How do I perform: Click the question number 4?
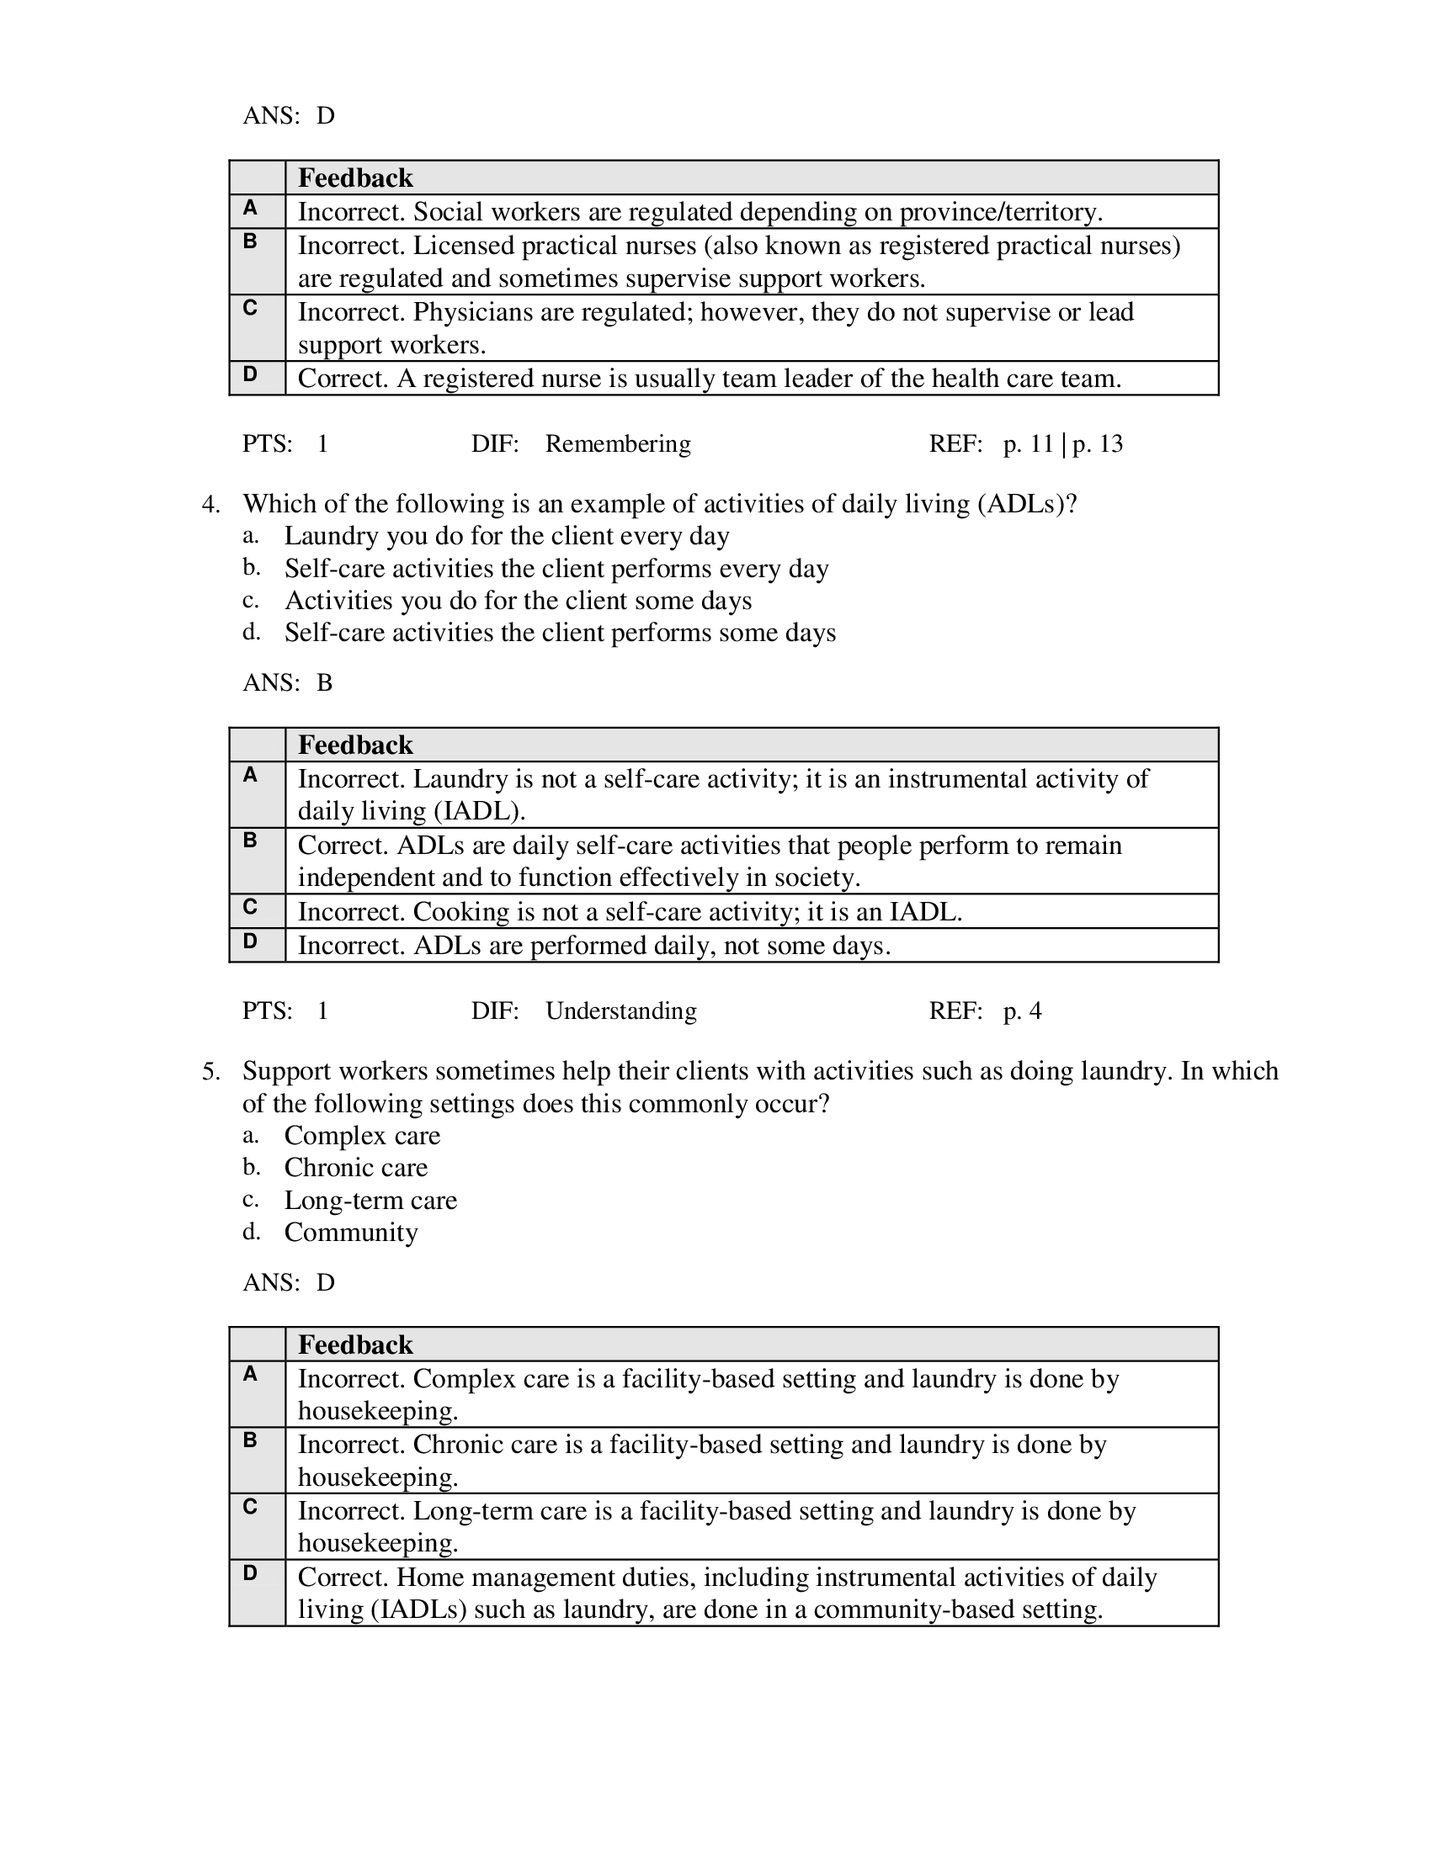(x=210, y=504)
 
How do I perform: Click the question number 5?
(x=210, y=1071)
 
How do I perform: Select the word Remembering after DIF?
(x=617, y=444)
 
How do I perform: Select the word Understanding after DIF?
(x=620, y=1011)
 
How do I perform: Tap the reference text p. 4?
(x=1022, y=1011)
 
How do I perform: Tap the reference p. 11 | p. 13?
(x=1062, y=444)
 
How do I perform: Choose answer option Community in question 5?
(x=351, y=1233)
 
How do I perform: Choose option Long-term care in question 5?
(x=370, y=1200)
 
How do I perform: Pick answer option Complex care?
(x=362, y=1136)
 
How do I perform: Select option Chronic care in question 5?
(x=356, y=1168)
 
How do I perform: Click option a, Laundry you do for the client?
(x=506, y=537)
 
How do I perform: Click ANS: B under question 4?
(x=287, y=683)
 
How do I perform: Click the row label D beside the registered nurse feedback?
(x=250, y=374)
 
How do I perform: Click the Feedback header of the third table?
(x=355, y=1345)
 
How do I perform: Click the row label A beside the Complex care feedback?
(x=250, y=1375)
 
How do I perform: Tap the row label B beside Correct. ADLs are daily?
(x=250, y=841)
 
